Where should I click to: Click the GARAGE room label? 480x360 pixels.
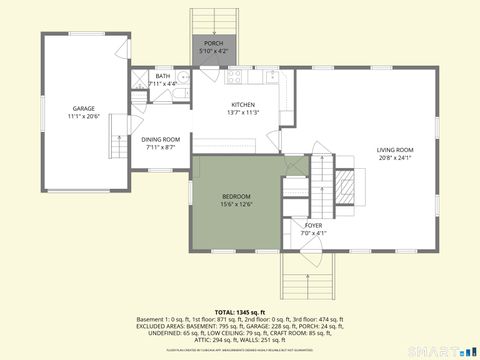pos(83,108)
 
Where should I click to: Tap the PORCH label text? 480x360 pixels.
pos(214,44)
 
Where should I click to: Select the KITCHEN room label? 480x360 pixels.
pos(243,105)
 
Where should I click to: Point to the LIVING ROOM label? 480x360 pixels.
pos(394,150)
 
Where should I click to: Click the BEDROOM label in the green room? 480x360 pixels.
pos(236,196)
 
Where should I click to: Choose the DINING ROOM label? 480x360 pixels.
pos(160,139)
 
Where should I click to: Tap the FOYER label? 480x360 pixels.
pos(313,226)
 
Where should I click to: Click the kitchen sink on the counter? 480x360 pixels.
pos(271,76)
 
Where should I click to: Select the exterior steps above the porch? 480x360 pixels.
pos(214,21)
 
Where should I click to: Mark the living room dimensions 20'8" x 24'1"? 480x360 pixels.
pos(394,157)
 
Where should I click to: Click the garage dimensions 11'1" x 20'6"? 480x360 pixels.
pos(83,116)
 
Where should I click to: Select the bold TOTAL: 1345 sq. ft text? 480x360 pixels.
pos(240,312)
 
